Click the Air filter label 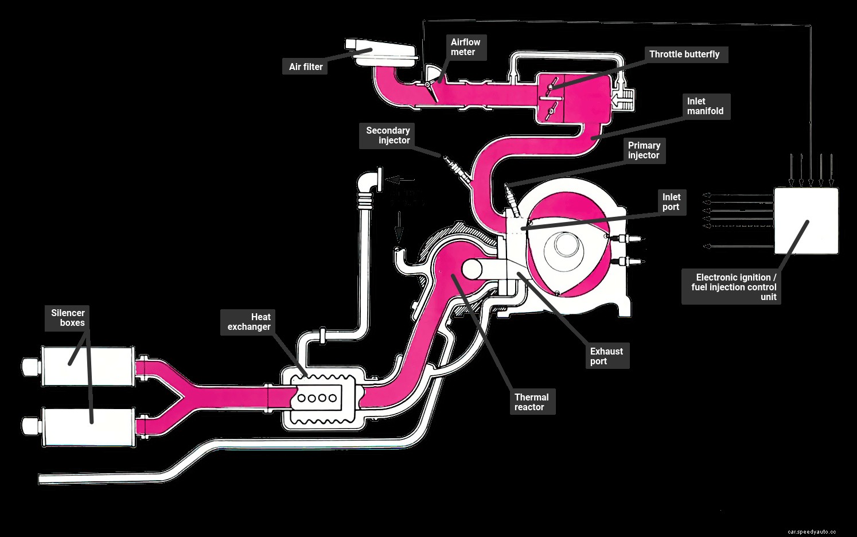[306, 67]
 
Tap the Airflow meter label [465, 47]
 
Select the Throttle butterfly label [684, 55]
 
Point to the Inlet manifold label [705, 106]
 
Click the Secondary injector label [388, 135]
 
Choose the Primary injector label [644, 150]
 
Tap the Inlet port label [671, 202]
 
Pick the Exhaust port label [606, 356]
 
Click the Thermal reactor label [531, 402]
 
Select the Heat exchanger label [249, 322]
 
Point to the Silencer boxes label [68, 318]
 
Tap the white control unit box [806, 221]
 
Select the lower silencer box [86, 426]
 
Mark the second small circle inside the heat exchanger [311, 398]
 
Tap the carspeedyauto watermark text [812, 532]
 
